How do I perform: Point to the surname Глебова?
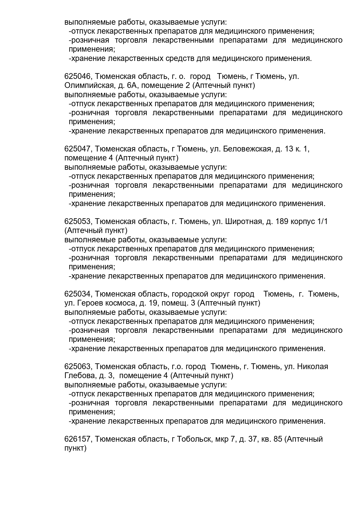click(79, 376)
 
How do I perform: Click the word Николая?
click(313, 367)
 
